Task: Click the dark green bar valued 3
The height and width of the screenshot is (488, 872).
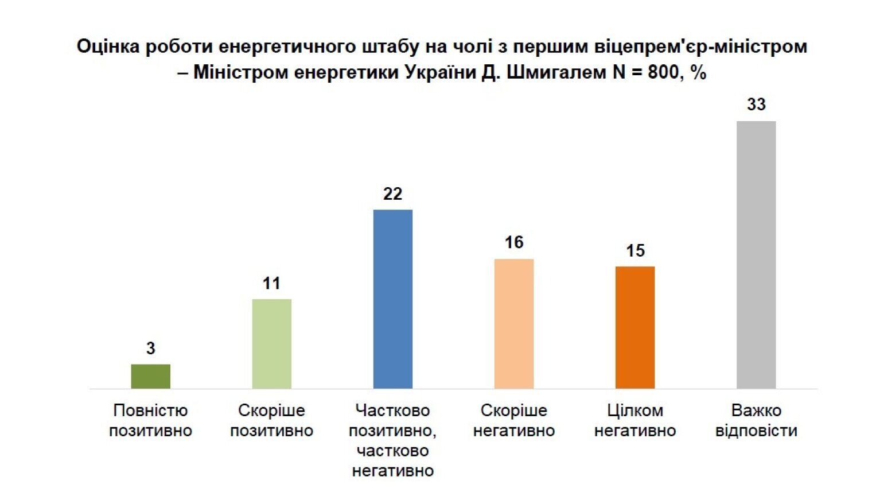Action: click(x=150, y=376)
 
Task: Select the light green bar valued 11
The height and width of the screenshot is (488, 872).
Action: click(x=272, y=343)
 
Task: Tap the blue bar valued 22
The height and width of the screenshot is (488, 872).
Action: click(x=393, y=299)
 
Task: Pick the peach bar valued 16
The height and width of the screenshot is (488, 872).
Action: click(x=514, y=323)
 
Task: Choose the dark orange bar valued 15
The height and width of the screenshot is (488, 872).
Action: click(x=635, y=327)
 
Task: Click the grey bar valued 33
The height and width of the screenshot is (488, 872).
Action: click(x=756, y=254)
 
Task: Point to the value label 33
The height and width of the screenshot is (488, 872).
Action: click(x=756, y=104)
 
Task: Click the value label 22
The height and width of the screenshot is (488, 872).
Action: click(x=393, y=194)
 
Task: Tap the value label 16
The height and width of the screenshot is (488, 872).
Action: click(x=514, y=242)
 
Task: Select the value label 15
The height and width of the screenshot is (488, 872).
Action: click(x=635, y=251)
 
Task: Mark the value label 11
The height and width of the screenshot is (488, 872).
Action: click(x=271, y=283)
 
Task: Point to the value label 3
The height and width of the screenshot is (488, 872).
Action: click(x=150, y=348)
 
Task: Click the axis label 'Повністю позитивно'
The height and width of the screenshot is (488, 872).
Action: click(x=150, y=420)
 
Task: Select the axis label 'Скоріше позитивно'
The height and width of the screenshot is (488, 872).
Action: click(x=271, y=420)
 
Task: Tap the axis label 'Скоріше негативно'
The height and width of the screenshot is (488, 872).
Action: click(x=514, y=420)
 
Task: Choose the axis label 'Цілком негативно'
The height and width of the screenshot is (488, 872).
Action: click(x=635, y=420)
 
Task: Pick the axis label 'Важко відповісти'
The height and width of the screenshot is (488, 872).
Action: click(x=756, y=420)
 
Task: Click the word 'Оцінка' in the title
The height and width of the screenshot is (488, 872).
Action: click(x=108, y=47)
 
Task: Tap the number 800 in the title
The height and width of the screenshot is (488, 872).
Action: click(x=663, y=73)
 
